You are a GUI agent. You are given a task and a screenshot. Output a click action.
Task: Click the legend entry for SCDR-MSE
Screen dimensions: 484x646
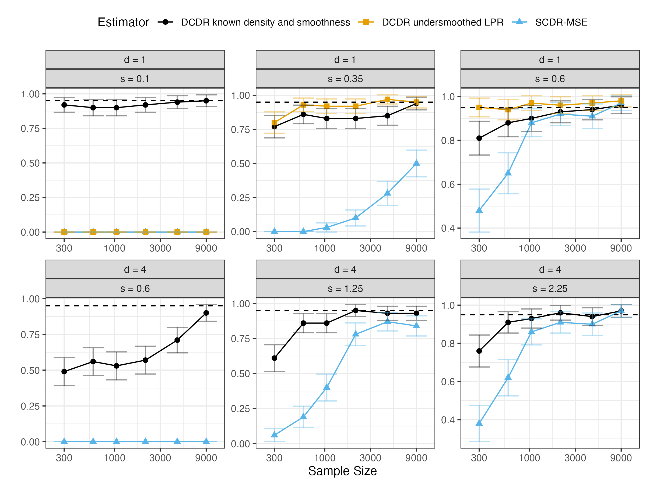coord(561,22)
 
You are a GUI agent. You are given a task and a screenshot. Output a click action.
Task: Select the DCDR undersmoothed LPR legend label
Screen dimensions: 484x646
coord(443,22)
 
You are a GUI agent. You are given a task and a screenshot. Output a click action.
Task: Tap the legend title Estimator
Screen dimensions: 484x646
coord(123,22)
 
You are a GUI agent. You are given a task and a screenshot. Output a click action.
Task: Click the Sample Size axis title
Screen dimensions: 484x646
coord(342,471)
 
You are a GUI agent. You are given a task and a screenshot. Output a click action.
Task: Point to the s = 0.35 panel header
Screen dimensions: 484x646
coord(345,79)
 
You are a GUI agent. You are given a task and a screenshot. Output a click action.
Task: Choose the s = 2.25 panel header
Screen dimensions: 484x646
coord(550,289)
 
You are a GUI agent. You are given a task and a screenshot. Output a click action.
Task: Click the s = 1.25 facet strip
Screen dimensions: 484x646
coord(345,289)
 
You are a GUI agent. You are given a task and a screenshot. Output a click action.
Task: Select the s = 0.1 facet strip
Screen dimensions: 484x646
coord(135,79)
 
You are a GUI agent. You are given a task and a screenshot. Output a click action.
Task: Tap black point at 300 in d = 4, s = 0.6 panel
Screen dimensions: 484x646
coord(64,372)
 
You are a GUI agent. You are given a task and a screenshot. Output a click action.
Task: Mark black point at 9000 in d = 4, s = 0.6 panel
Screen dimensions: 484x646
coord(206,313)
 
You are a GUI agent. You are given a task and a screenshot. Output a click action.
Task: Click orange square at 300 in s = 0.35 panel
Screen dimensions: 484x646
coord(274,123)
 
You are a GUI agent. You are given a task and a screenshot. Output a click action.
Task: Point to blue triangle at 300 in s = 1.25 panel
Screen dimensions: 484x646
coord(274,435)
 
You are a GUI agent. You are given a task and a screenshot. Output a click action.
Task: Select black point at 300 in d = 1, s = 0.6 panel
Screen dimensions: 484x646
coord(479,138)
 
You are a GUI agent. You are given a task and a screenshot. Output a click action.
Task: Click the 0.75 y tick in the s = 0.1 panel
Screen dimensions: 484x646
coord(30,129)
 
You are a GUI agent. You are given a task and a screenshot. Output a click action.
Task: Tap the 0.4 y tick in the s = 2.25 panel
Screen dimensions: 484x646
coord(448,420)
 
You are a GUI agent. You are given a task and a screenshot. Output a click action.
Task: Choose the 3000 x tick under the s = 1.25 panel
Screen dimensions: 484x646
coord(370,458)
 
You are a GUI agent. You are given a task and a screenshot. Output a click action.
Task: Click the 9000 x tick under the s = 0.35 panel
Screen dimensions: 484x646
coord(416,248)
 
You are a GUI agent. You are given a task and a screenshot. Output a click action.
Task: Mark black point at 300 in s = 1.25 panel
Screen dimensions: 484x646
coord(274,358)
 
